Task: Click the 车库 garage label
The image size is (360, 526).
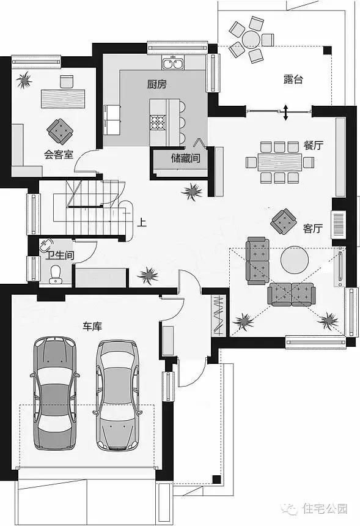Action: tap(92, 326)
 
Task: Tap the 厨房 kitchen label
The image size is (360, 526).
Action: tap(156, 84)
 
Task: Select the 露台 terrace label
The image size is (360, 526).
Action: tap(293, 80)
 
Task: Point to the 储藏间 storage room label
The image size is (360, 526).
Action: tap(186, 158)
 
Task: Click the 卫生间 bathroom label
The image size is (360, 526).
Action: tap(60, 255)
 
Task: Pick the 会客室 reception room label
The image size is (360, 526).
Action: tap(59, 154)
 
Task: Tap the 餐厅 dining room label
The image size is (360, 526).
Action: tap(314, 145)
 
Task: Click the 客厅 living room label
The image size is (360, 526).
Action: tap(313, 229)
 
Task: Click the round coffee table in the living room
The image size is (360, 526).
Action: tap(295, 261)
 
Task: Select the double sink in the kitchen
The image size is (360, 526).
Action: tap(174, 63)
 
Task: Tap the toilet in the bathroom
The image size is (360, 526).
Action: tap(55, 275)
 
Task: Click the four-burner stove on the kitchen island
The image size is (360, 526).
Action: tap(158, 122)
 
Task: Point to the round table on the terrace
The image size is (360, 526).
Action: tap(251, 40)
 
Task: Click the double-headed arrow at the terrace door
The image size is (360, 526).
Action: tap(285, 113)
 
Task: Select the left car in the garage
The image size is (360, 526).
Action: tap(55, 393)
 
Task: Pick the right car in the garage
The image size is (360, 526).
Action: tap(117, 395)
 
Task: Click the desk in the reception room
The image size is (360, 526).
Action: tap(63, 98)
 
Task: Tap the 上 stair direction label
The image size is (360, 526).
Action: tap(142, 222)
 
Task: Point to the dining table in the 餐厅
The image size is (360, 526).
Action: tap(280, 162)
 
